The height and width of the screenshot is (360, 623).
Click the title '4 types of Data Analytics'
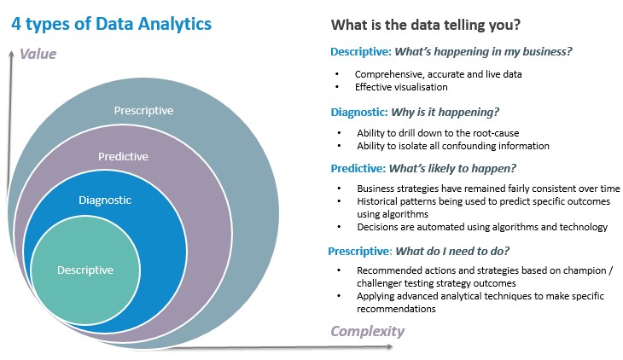pos(111,24)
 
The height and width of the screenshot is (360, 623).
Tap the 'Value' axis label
pos(38,54)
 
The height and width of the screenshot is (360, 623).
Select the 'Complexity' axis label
pos(368,331)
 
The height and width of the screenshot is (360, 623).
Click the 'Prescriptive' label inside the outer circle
pos(143,110)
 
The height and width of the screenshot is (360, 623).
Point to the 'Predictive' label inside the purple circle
pos(123,157)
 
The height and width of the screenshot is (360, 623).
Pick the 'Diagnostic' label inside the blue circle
pos(105,200)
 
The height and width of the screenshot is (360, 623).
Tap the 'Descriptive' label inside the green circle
pos(85,270)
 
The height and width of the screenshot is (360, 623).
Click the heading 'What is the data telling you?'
pos(426,25)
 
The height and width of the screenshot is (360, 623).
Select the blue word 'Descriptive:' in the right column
pos(361,52)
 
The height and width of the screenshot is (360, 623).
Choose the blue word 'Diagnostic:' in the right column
pos(359,112)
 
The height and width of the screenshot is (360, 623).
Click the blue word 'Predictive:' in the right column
pos(358,168)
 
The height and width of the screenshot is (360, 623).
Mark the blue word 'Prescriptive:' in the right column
pos(360,251)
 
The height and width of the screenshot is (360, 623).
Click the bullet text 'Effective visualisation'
pos(401,87)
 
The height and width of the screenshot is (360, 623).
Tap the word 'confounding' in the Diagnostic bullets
pos(469,146)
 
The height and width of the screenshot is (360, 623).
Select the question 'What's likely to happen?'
pos(452,168)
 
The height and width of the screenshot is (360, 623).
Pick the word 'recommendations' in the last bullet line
pos(396,309)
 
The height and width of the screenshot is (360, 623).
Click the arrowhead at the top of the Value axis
pos(12,53)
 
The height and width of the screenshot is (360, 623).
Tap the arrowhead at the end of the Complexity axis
pos(389,346)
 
